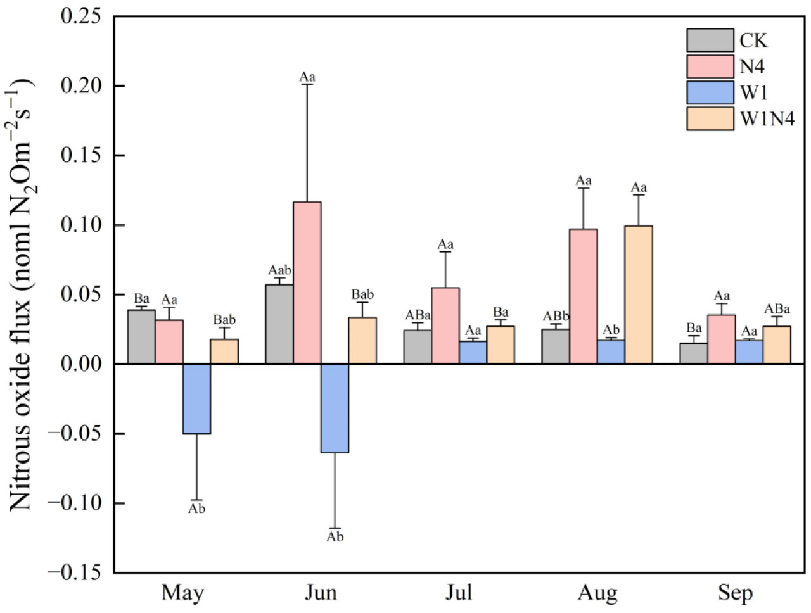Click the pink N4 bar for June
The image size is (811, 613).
tap(307, 282)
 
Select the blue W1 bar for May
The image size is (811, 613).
tap(196, 398)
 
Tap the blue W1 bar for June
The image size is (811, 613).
tap(335, 408)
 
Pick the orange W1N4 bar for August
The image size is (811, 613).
tap(638, 294)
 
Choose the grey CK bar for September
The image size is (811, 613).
tap(694, 353)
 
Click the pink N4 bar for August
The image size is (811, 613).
tap(583, 296)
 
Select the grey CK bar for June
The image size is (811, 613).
tap(279, 324)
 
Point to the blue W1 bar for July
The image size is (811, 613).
tap(473, 353)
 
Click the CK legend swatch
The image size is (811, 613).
tap(710, 41)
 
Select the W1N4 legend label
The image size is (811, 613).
tap(767, 118)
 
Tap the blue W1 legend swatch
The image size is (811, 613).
tap(710, 92)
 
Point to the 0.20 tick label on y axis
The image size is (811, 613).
tap(80, 85)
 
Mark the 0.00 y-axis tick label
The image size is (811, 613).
tap(80, 364)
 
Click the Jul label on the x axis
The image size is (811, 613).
tap(458, 593)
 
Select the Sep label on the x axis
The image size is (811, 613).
tap(735, 593)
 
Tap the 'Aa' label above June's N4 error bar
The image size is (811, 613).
tap(307, 77)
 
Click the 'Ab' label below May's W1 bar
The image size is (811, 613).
tap(196, 509)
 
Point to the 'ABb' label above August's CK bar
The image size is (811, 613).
tap(556, 316)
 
